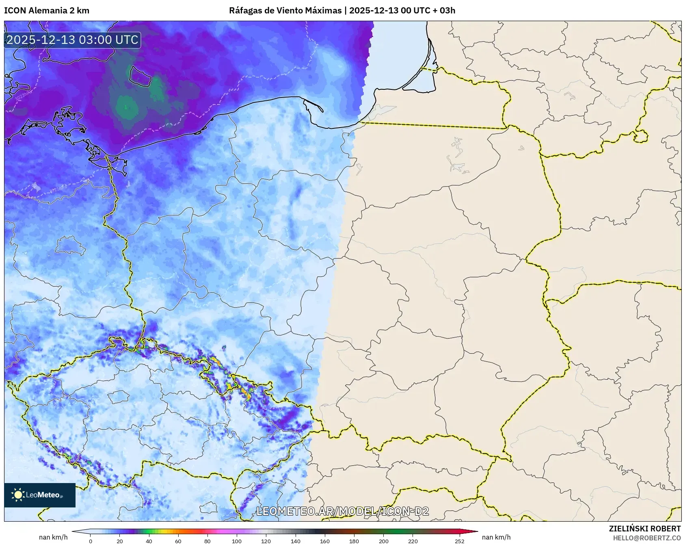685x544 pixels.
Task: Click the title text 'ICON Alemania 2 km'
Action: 47,11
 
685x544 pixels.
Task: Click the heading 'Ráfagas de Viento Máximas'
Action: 285,11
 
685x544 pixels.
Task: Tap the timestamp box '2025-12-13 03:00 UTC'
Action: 72,40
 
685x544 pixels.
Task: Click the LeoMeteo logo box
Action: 40,495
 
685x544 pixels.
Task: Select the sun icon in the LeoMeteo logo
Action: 18,495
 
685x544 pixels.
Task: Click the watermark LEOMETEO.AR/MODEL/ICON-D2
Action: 342,511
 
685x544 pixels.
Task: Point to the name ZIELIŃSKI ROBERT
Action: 644,529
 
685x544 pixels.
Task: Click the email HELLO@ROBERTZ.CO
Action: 646,538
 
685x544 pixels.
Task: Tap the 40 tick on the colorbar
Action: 149,541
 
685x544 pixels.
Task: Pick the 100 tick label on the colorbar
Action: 237,541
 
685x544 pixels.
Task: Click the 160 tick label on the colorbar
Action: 325,541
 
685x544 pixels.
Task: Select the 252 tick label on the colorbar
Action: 460,541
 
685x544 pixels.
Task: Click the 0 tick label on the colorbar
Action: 90,541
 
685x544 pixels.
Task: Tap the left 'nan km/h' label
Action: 53,537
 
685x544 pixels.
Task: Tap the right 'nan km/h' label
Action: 496,537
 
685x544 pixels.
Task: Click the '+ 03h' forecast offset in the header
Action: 445,11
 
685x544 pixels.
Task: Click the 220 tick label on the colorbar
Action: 413,541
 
